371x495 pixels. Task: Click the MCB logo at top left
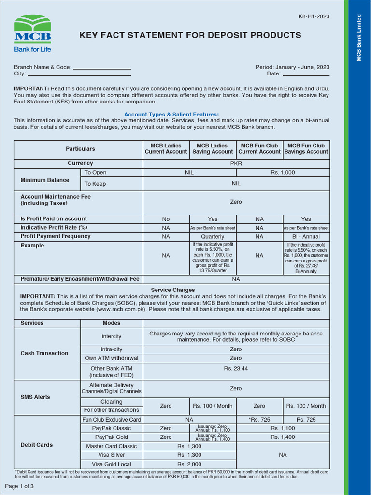coord(32,33)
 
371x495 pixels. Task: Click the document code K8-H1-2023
coord(314,16)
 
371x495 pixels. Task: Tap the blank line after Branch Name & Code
coord(101,68)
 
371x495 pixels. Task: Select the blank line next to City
coord(79,74)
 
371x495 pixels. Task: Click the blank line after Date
coord(306,74)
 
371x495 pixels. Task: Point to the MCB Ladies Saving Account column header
coord(213,148)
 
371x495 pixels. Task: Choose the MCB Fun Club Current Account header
coord(259,148)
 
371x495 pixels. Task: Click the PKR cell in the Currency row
coord(236,163)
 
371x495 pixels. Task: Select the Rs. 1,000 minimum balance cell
coord(283,173)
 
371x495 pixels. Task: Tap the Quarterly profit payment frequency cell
coord(213,237)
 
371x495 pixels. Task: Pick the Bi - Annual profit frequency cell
coord(306,237)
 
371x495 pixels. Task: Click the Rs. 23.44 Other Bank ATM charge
coord(236,368)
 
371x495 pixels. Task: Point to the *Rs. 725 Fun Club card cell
coord(259,420)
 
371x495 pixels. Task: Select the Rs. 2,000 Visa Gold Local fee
coord(189,464)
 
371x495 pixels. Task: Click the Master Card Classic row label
coord(112,446)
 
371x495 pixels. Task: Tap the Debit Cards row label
coord(37,445)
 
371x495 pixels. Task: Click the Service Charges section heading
coord(173,290)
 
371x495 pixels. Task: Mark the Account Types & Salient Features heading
coord(171,114)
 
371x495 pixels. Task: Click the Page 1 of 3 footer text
coord(19,486)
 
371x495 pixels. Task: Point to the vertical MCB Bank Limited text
coord(359,38)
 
